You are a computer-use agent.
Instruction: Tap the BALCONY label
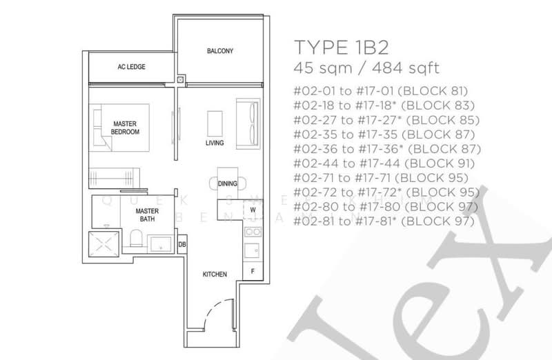[x=220, y=52]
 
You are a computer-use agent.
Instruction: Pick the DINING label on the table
[x=228, y=184]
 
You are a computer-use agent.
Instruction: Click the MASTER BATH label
[x=146, y=214]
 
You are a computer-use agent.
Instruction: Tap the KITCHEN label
[x=215, y=274]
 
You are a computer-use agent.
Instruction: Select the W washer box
[x=253, y=209]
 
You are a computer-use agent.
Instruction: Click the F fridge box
[x=253, y=270]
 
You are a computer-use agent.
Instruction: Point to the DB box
[x=182, y=243]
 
